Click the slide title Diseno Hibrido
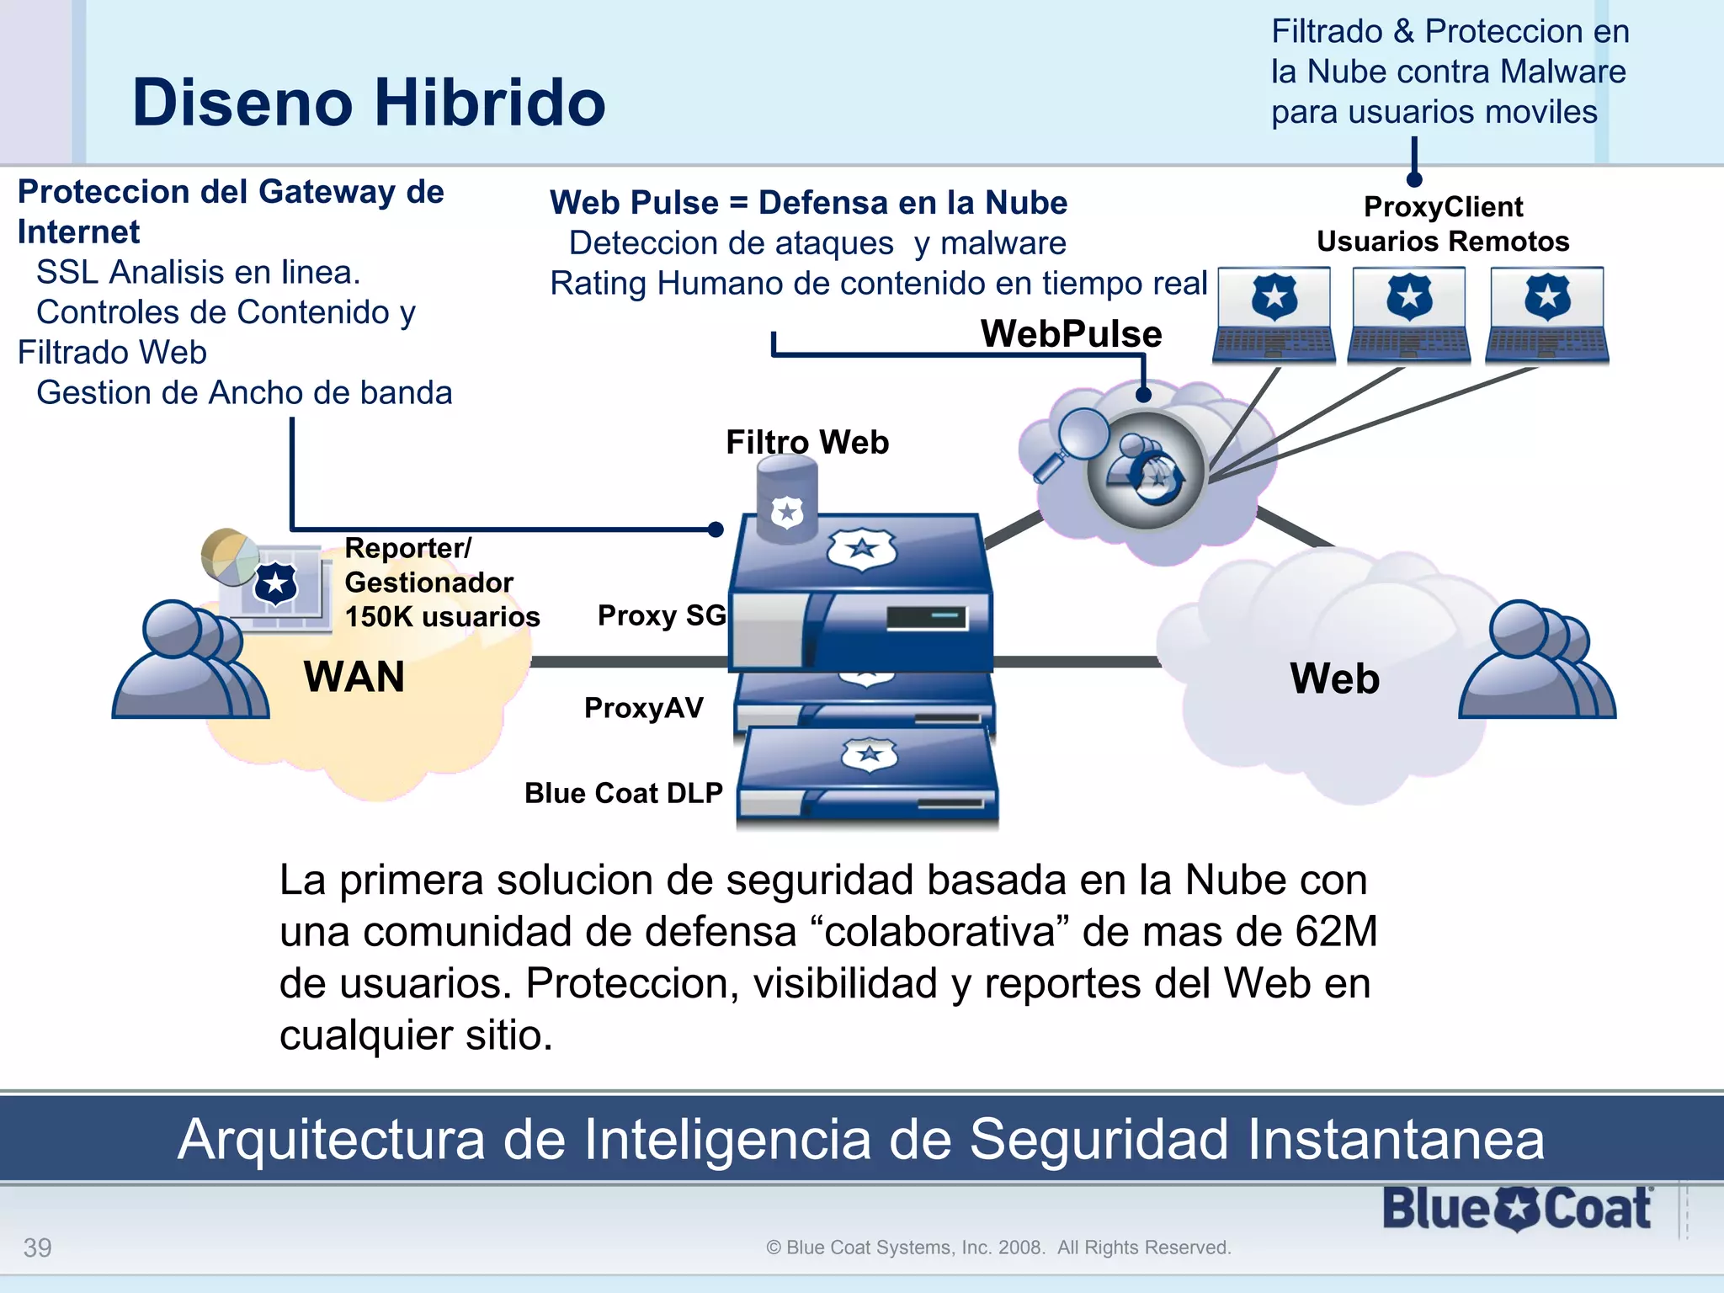tap(369, 103)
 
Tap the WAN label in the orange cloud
tap(354, 677)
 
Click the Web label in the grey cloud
tap(1334, 678)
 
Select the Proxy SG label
tap(662, 615)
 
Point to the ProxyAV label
tap(644, 708)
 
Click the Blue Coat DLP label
tap(624, 793)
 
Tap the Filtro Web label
tap(807, 442)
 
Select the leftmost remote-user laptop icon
tap(1274, 315)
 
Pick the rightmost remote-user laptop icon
tap(1547, 315)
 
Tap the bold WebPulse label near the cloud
tap(1071, 334)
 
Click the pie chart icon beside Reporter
tap(228, 556)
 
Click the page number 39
tap(37, 1247)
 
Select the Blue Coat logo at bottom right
tap(1517, 1209)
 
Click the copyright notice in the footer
tap(998, 1248)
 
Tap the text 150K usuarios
tap(442, 616)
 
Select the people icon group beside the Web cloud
tap(1537, 661)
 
